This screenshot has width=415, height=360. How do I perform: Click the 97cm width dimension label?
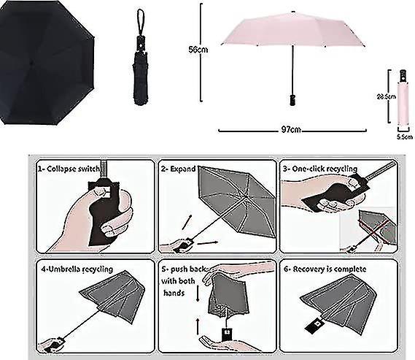pos(290,130)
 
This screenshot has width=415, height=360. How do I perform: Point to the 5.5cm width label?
pos(401,136)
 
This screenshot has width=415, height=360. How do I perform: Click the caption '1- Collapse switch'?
pos(70,168)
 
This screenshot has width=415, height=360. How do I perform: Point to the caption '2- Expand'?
pos(179,168)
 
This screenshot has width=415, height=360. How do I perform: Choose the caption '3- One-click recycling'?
pos(323,168)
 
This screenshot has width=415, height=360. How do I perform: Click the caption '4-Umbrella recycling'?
pos(77,269)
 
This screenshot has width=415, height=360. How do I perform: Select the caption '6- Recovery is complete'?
pos(325,269)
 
